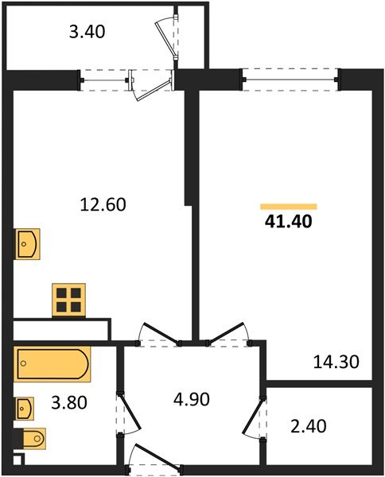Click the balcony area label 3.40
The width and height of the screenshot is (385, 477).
[x=87, y=33]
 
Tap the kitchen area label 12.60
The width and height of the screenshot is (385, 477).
[x=103, y=204]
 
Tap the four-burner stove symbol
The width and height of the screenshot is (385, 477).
[x=69, y=300]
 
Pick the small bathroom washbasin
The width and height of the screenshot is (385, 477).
[x=25, y=409]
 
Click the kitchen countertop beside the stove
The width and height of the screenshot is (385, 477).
[x=62, y=327]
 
